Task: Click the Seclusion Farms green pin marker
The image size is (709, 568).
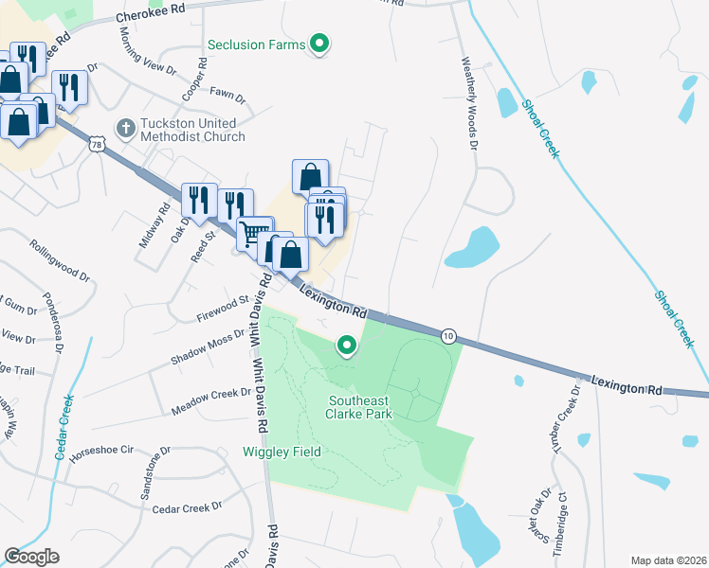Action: tap(320, 44)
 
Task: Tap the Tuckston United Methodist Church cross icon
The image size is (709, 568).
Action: tap(124, 127)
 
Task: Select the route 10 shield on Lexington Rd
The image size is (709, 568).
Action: tap(448, 335)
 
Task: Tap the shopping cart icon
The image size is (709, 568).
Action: tap(254, 233)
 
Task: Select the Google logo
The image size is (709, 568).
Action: tap(31, 556)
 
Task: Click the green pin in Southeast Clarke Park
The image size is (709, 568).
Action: tap(347, 347)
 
